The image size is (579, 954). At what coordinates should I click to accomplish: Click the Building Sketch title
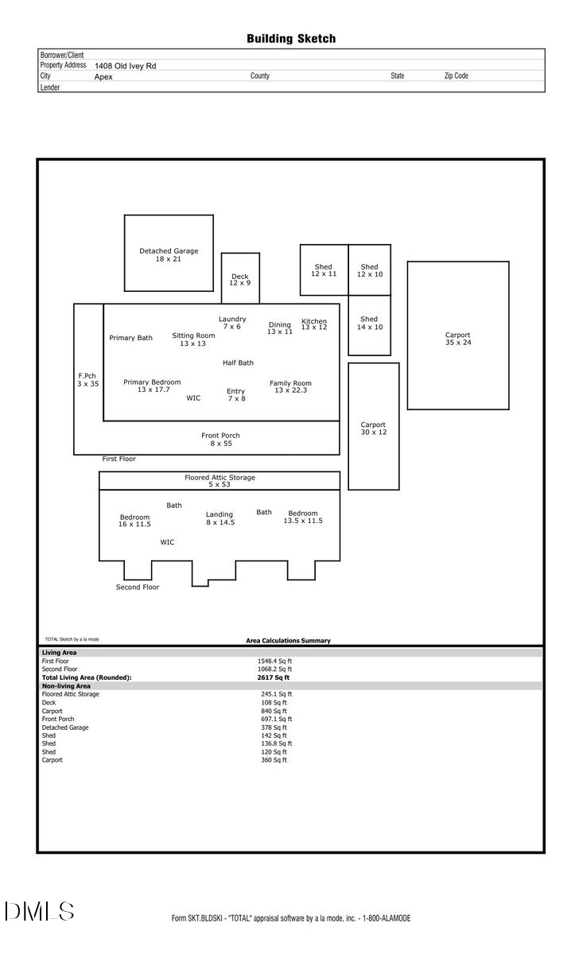tap(290, 38)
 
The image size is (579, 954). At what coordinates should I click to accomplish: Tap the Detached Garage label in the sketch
tap(169, 255)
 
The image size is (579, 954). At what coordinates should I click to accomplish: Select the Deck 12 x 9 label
tap(239, 280)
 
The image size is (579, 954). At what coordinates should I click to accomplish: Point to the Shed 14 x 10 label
tap(369, 323)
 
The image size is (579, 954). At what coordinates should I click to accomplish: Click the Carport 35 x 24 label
tap(457, 339)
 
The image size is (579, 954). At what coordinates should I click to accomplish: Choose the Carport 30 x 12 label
tap(373, 429)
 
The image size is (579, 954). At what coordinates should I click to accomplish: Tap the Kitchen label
tap(314, 324)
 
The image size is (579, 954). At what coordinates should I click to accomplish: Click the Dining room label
tap(280, 328)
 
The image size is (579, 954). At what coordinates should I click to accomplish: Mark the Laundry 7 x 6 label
tap(232, 323)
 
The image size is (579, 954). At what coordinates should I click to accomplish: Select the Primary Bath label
tap(131, 338)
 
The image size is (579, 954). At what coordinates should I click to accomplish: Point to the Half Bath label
tap(238, 363)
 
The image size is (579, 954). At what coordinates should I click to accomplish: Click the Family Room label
tap(290, 386)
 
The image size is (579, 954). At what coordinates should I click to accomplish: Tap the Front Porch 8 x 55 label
tap(220, 439)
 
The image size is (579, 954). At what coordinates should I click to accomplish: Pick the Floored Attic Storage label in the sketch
tap(220, 481)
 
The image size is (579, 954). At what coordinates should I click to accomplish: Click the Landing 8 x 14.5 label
tap(220, 518)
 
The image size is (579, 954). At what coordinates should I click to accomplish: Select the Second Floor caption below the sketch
tap(138, 587)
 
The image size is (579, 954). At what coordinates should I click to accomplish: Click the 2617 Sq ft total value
tap(273, 677)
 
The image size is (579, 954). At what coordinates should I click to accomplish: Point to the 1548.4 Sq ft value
tap(274, 661)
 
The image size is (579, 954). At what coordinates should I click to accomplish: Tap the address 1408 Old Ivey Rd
tap(125, 66)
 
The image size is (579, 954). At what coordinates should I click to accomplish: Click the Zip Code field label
tap(456, 76)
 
